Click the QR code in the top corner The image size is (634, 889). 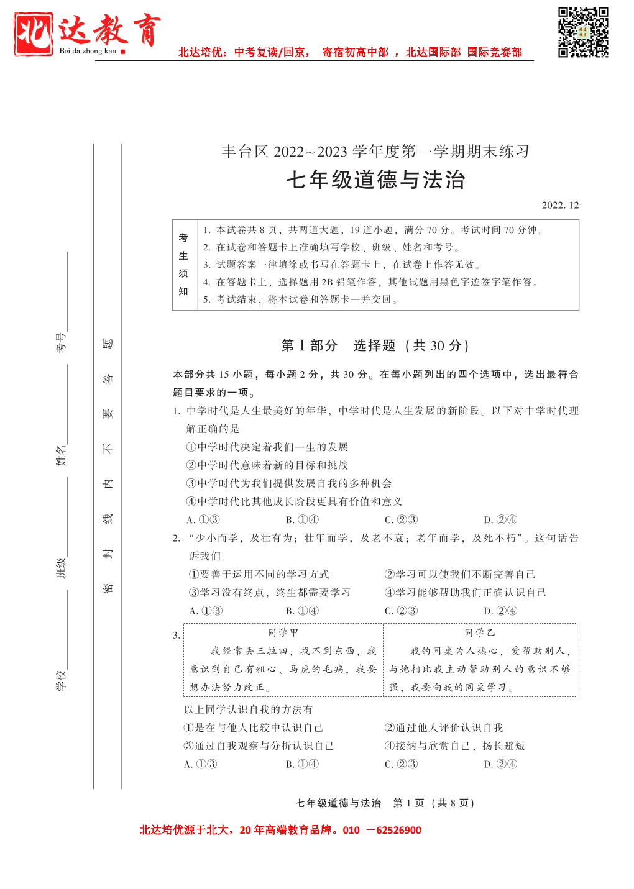(582, 32)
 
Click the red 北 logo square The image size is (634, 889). (34, 34)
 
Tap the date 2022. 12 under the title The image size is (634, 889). (560, 205)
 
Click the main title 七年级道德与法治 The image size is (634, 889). (375, 180)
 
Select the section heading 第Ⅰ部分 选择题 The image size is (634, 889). (375, 345)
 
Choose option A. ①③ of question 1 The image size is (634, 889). (203, 520)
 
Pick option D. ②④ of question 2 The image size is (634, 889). (500, 611)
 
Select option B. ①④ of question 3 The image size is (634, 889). (302, 764)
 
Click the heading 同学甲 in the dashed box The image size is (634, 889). (283, 632)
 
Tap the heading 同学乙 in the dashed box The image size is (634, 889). (480, 632)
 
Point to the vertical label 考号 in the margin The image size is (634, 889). (60, 342)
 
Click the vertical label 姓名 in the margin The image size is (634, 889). (60, 455)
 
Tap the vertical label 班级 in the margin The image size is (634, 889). (60, 568)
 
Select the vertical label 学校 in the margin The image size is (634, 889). (60, 680)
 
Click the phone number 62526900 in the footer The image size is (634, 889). (398, 830)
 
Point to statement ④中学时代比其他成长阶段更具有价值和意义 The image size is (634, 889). (294, 501)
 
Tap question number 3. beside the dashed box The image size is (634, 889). (177, 635)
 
